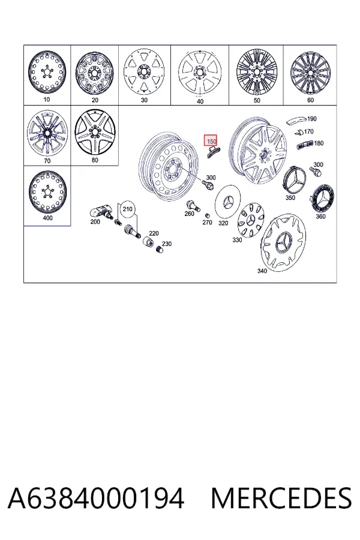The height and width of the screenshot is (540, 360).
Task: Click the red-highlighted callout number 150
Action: point(211,141)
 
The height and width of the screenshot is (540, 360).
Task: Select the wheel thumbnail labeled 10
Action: point(47,73)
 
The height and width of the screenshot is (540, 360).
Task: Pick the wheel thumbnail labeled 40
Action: point(199,73)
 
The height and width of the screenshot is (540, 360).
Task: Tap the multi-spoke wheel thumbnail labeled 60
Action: point(310,73)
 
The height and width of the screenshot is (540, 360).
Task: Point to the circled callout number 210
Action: point(127,209)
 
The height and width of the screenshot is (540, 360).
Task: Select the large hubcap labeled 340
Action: point(284,241)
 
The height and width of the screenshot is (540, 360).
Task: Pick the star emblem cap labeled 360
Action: point(322,199)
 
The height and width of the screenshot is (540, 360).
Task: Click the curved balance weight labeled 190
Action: point(296,121)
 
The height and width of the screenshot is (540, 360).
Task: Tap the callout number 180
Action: point(319,143)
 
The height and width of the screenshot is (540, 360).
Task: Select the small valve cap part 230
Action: point(159,249)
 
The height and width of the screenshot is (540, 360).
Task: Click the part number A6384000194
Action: point(96,498)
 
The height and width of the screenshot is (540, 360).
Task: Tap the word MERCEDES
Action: point(281,498)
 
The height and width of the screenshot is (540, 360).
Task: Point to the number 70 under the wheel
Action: point(47,160)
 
